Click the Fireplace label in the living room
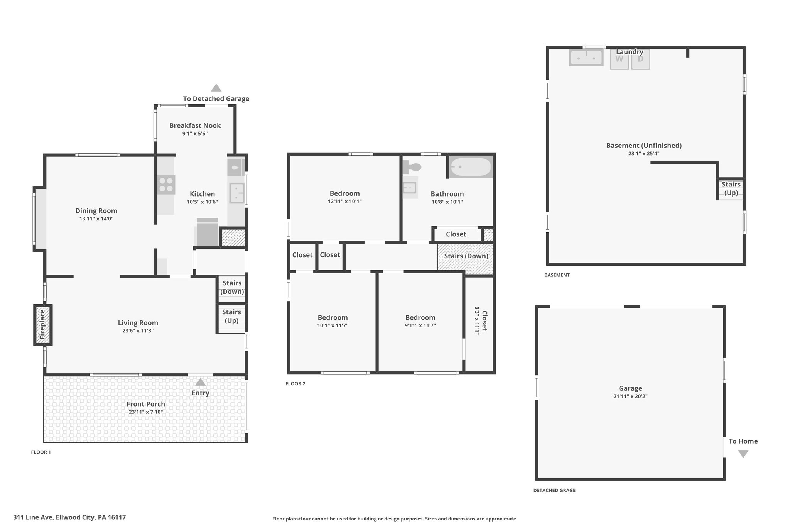tap(42, 325)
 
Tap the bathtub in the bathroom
tap(471, 167)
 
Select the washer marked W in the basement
tap(619, 59)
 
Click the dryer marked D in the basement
tap(641, 59)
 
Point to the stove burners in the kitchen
tap(166, 185)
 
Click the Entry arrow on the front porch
tap(200, 382)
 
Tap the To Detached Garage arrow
tap(216, 88)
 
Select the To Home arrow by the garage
tap(743, 454)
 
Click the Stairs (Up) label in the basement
tap(731, 189)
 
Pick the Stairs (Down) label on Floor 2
tap(466, 256)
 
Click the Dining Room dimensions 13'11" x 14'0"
tap(96, 219)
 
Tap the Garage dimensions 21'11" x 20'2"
tap(630, 396)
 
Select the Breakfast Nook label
tap(195, 125)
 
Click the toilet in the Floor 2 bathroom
tap(412, 167)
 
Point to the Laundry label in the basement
tap(630, 52)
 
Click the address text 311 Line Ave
tap(34, 517)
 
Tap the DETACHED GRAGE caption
tap(554, 490)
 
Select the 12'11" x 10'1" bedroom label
tap(344, 201)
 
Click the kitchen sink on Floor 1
tap(237, 193)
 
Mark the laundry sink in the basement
tap(586, 58)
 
